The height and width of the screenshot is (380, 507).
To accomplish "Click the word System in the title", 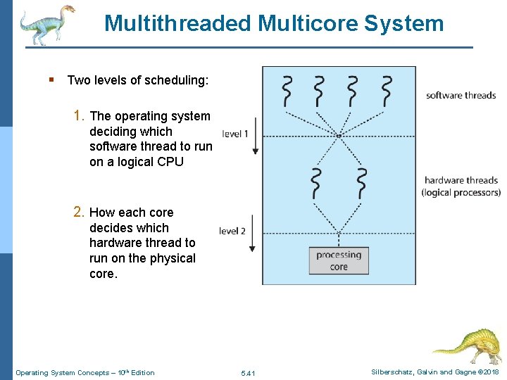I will pos(403,23).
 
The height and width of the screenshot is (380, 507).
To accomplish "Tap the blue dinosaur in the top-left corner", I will pos(46,24).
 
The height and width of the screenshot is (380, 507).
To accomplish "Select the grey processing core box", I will pos(339,260).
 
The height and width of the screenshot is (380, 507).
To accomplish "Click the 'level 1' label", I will pos(235,134).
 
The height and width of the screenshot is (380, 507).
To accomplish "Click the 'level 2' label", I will pos(232,231).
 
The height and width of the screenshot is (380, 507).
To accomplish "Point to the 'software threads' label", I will pos(461,96).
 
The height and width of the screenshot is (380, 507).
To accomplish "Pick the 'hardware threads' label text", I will pos(461,180).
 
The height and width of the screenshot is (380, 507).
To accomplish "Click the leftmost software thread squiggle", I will pos(287,90).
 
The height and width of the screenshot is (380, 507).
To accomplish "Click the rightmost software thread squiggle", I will pos(387,90).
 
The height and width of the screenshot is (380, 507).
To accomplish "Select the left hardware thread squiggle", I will pos(317,184).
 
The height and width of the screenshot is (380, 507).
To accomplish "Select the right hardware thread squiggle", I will pos(362,184).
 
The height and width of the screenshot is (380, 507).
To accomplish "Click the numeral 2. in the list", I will pos(80,213).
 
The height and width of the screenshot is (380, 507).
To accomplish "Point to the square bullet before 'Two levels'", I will pos(52,80).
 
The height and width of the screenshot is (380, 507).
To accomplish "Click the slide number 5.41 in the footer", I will pos(248,373).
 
